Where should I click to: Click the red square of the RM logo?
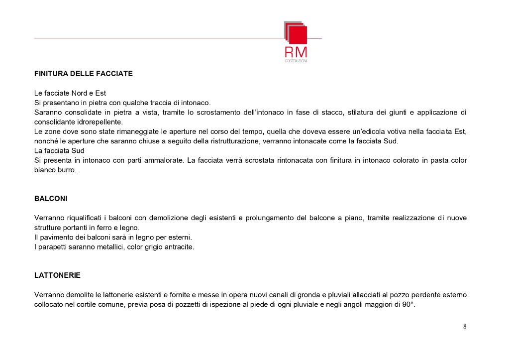coord(298,35)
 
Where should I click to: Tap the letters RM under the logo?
coord(296,52)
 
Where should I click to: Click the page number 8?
coord(465,327)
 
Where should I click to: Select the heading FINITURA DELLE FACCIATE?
coord(84,74)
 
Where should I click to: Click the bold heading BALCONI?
coord(51,198)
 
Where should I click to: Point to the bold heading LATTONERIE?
coord(57,275)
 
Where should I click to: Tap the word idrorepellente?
coord(99,122)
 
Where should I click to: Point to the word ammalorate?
coord(163,160)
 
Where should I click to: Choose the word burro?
coord(67,170)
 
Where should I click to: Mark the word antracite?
coord(178,246)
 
